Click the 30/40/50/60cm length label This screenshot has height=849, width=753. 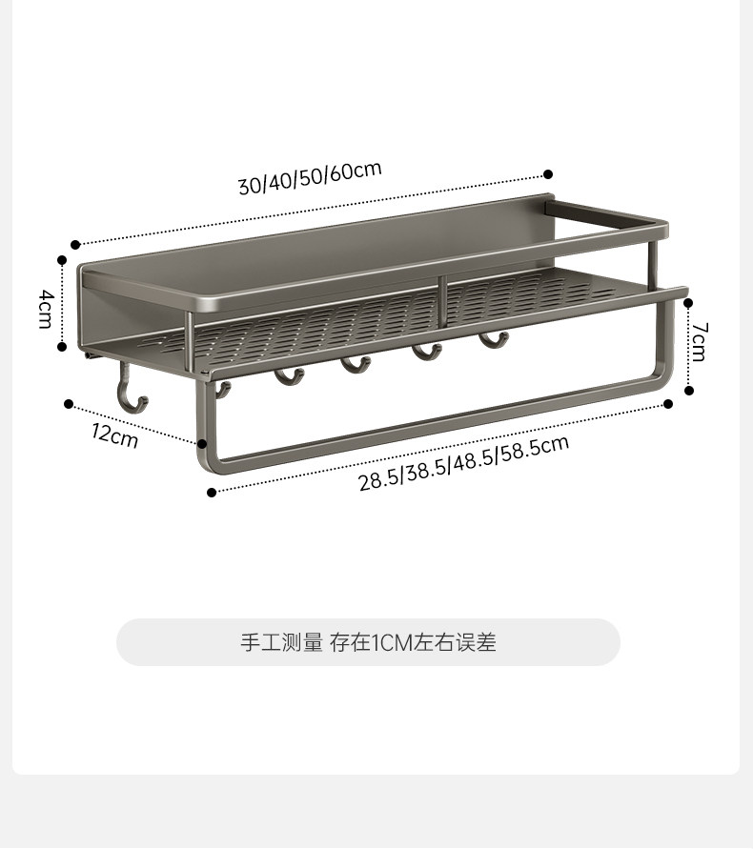coord(310,177)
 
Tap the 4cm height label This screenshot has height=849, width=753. coord(45,310)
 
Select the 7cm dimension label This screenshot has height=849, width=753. coord(699,341)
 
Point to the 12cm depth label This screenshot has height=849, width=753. coord(115,435)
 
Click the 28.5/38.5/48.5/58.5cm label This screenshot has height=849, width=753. coord(463,462)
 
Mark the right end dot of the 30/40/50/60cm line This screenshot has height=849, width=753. coord(548,174)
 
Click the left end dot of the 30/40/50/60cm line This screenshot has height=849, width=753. coord(75,244)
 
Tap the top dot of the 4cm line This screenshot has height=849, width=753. coord(63,258)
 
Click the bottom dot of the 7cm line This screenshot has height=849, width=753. coord(689,390)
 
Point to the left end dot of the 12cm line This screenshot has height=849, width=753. coord(69,403)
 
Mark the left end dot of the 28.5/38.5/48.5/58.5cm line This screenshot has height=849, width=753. coord(212,492)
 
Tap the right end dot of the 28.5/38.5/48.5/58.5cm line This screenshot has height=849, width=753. coord(668,404)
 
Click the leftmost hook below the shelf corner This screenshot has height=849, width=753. coord(128,391)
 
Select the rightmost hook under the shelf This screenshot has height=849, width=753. coord(492,340)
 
